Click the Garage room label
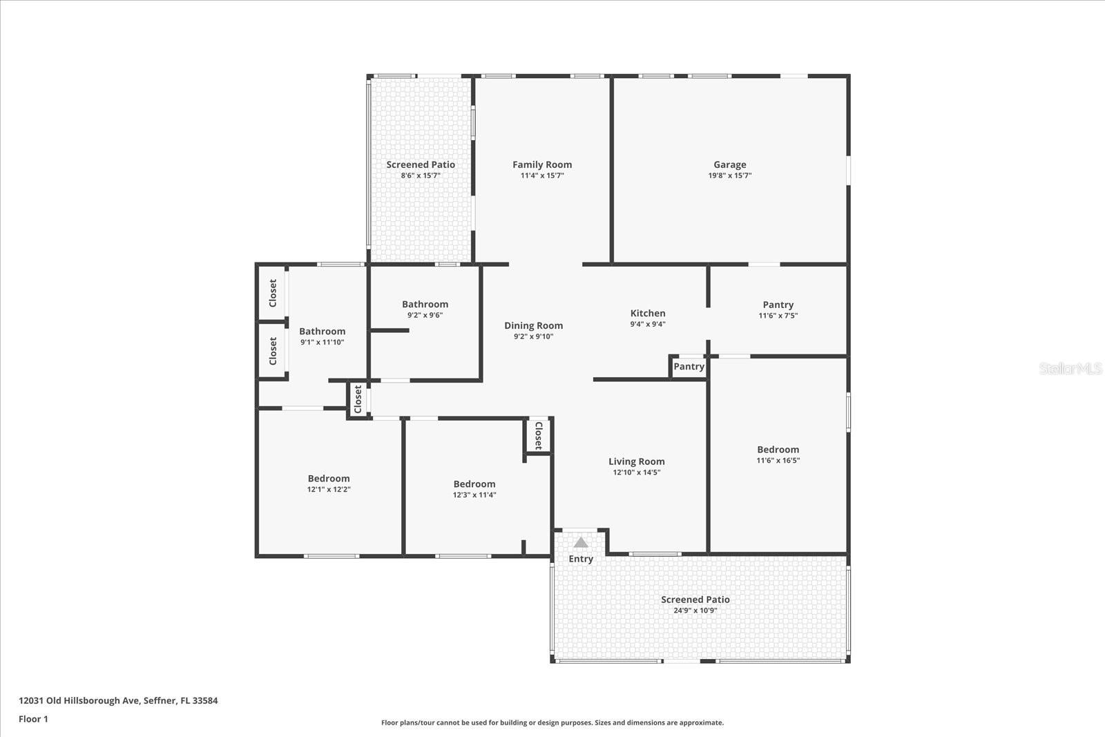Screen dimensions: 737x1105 pos(729,164)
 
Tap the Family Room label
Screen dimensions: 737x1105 pos(541,164)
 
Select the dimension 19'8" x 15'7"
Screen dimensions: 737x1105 pos(729,175)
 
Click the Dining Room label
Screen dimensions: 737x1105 pos(533,325)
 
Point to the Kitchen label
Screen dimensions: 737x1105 pos(647,313)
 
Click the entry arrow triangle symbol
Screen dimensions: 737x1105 pos(581,542)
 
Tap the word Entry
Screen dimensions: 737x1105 pos(581,559)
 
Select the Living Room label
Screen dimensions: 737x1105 pos(636,461)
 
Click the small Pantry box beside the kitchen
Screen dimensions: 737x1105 pos(689,366)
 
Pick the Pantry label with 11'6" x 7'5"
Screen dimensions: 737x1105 pos(778,305)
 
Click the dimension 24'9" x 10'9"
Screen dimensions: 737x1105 pos(695,611)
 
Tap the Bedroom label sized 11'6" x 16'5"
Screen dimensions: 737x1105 pos(778,449)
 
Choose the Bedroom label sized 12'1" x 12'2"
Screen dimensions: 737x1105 pos(329,478)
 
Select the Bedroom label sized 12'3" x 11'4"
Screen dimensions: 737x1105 pos(474,484)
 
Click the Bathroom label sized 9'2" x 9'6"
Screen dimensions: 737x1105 pos(425,304)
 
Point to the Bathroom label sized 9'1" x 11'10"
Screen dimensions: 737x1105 pos(322,331)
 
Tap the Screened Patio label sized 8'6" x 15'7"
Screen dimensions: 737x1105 pos(421,164)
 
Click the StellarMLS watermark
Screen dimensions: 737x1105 pos(1070,368)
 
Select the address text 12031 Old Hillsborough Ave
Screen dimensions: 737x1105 pos(79,700)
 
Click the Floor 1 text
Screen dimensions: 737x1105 pos(33,719)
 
